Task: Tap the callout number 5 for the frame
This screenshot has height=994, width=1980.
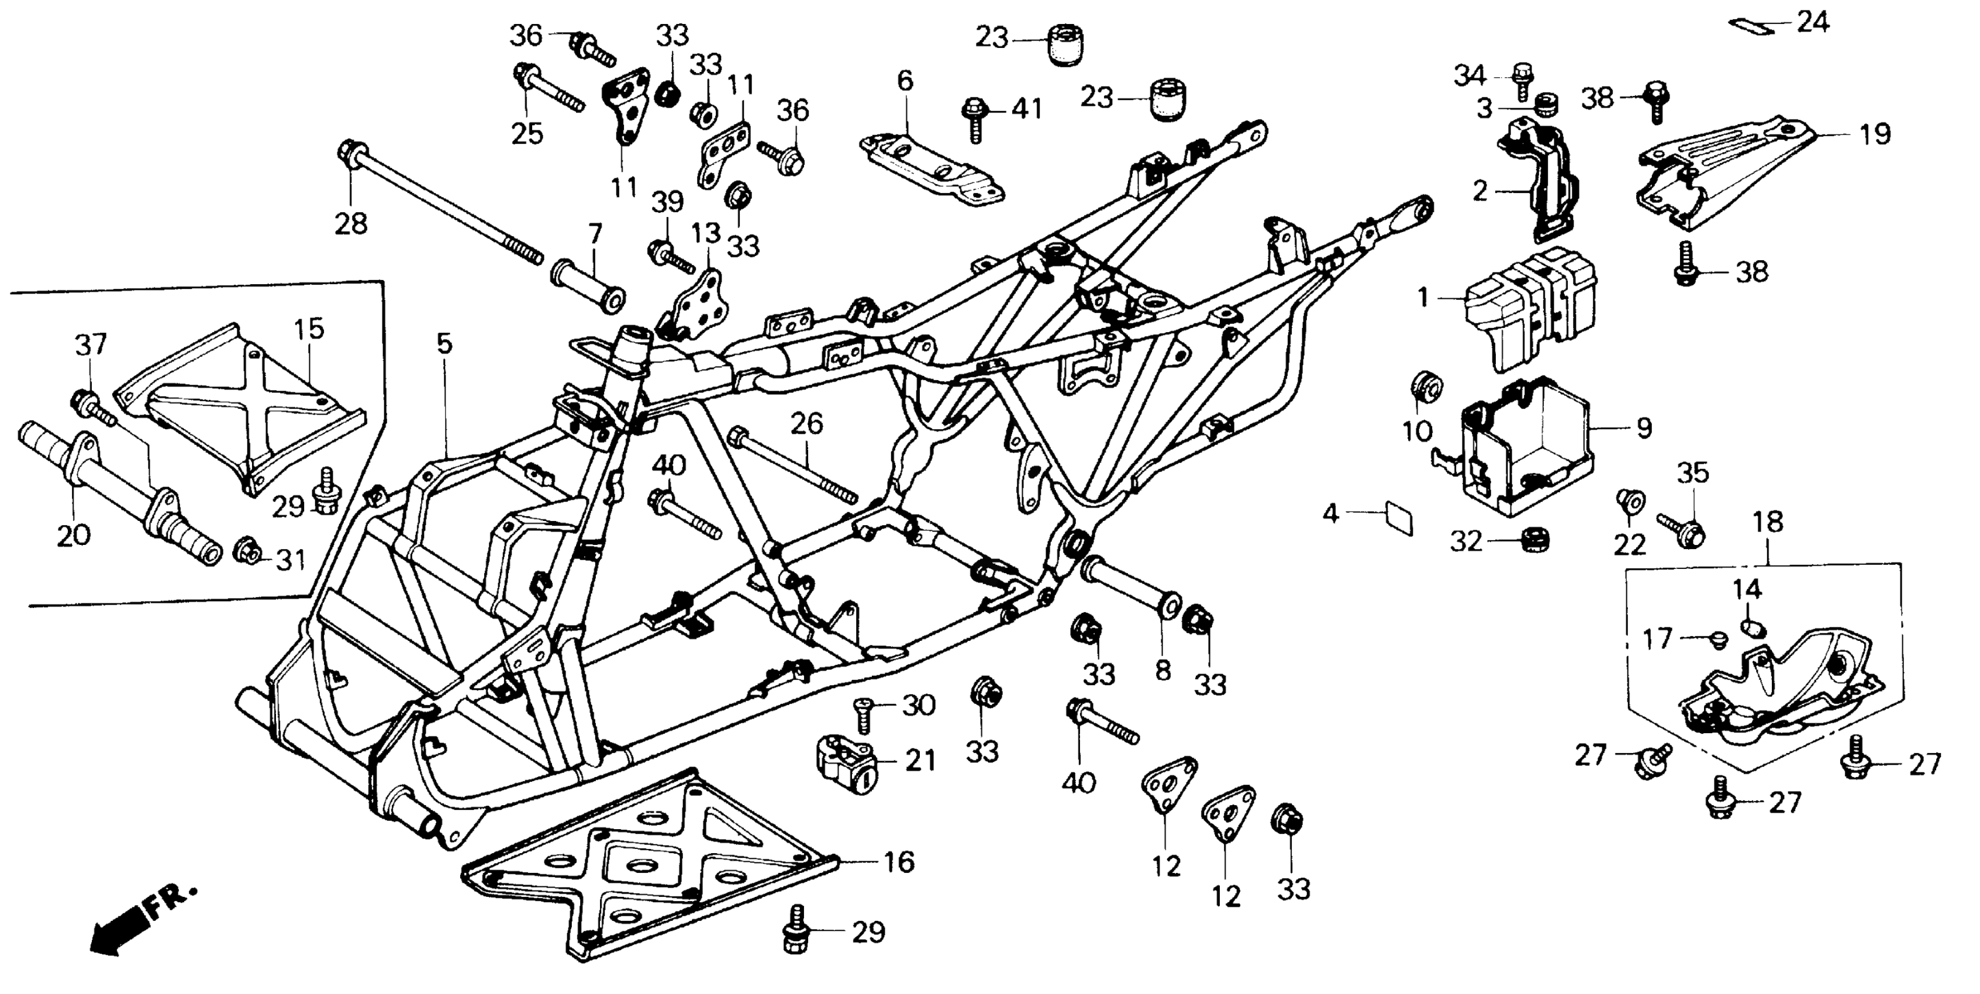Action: [x=445, y=344]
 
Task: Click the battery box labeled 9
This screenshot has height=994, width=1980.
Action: [x=1530, y=454]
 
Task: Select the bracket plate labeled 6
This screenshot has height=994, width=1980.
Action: [x=930, y=169]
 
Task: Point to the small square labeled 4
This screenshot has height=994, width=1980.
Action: [x=1398, y=517]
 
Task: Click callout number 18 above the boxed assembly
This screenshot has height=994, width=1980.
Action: [x=1768, y=522]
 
